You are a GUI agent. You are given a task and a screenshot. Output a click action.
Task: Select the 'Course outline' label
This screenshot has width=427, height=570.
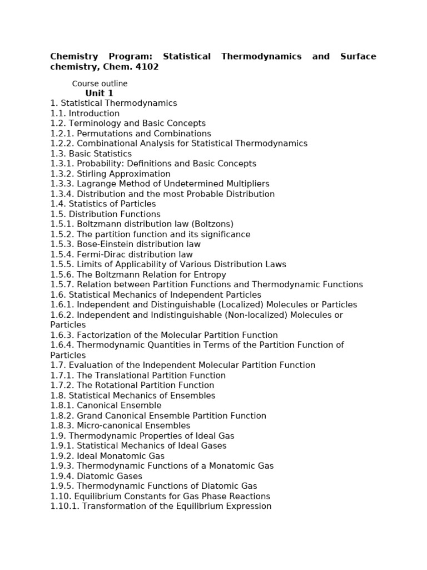[x=100, y=83]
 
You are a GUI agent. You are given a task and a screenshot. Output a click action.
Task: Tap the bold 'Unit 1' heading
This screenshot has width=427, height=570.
[x=99, y=93]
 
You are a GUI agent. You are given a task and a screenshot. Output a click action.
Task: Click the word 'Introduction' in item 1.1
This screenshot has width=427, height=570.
[x=94, y=114]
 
